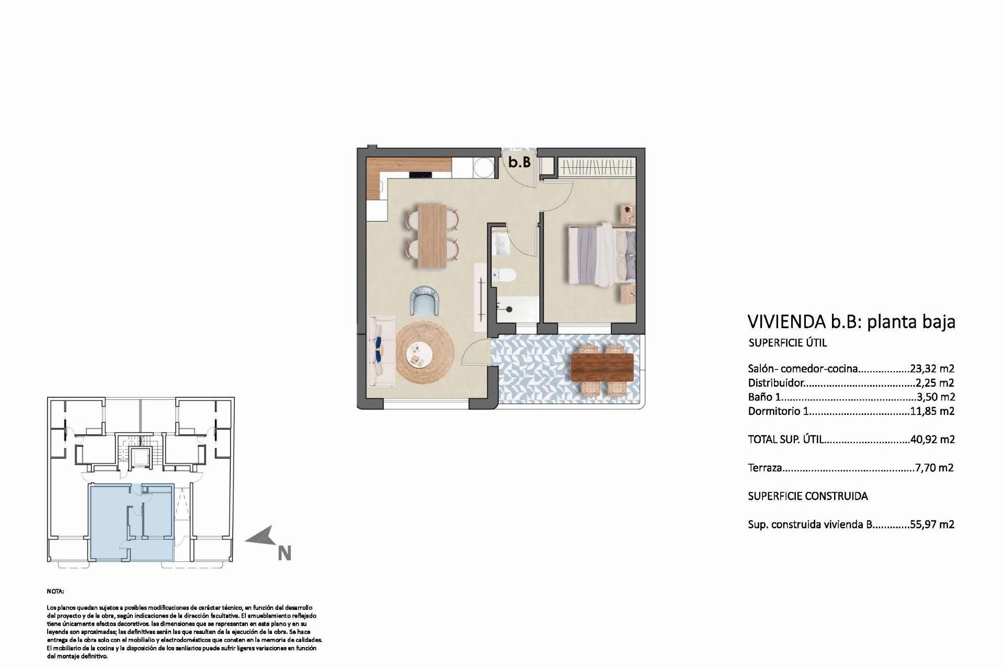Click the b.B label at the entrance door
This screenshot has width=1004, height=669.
(x=519, y=163)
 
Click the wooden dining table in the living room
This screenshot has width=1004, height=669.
(x=432, y=236)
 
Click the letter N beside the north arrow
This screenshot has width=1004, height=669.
(x=284, y=553)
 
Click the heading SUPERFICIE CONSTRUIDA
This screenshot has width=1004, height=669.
(x=807, y=496)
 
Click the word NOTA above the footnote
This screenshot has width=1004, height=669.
(x=55, y=592)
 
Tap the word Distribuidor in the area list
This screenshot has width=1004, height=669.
(x=775, y=383)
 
